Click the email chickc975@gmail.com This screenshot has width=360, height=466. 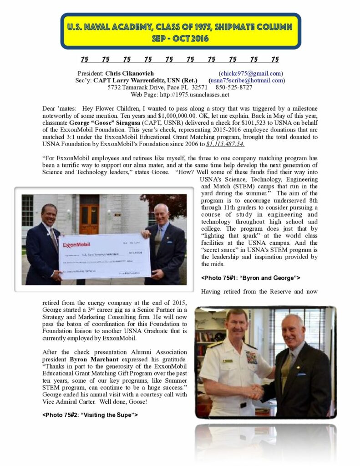pos(251,73)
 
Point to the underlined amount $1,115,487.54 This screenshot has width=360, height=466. pos(225,144)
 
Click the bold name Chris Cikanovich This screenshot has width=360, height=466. pos(129,73)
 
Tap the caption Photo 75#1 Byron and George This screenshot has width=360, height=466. pos(250,277)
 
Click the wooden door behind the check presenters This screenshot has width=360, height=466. pos(89,213)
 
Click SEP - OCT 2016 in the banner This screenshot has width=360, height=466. pos(181,38)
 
